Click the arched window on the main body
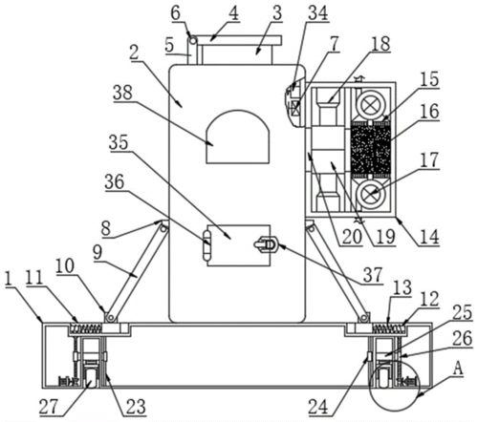tap(238, 137)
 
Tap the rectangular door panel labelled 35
tap(239, 245)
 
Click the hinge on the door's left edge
tap(207, 245)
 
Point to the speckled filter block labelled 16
tap(370, 149)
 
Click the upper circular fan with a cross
tap(370, 104)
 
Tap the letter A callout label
tap(457, 369)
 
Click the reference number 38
tap(122, 93)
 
